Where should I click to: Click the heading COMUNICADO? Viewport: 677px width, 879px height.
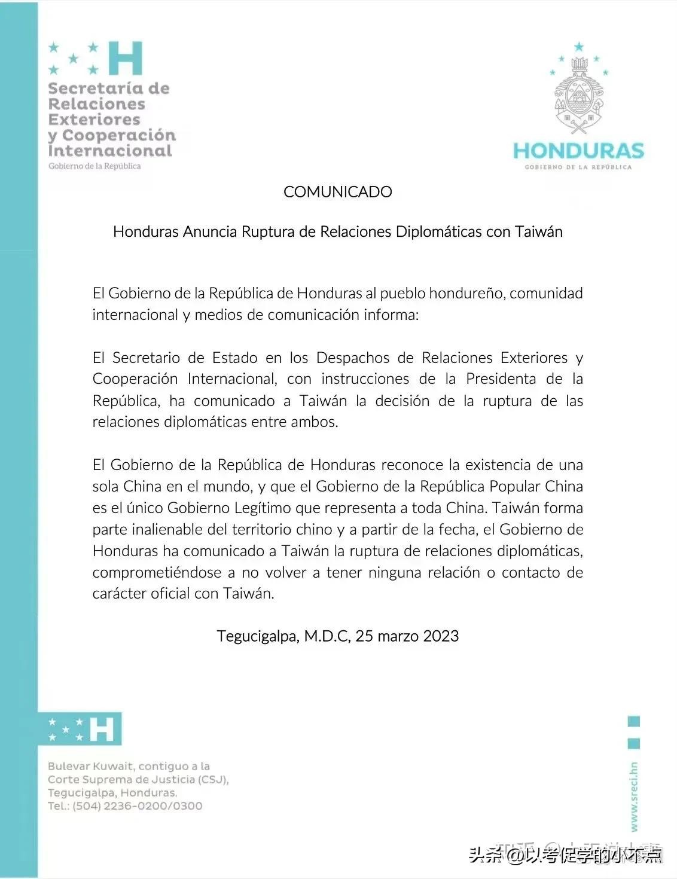coord(338,192)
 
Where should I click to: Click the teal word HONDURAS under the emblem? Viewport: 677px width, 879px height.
coord(578,151)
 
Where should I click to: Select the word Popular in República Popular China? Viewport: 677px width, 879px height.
coord(514,486)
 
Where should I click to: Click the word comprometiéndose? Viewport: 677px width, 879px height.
coord(157,572)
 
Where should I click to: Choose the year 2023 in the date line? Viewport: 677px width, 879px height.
coord(441,636)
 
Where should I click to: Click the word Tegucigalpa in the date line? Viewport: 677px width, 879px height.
coord(257,636)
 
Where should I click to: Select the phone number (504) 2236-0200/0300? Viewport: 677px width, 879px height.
coord(138,806)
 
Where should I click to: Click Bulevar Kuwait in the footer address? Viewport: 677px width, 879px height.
coord(90,766)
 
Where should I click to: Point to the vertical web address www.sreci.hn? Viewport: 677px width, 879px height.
coord(634,796)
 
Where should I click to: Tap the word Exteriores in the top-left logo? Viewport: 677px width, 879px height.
coord(94,120)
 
